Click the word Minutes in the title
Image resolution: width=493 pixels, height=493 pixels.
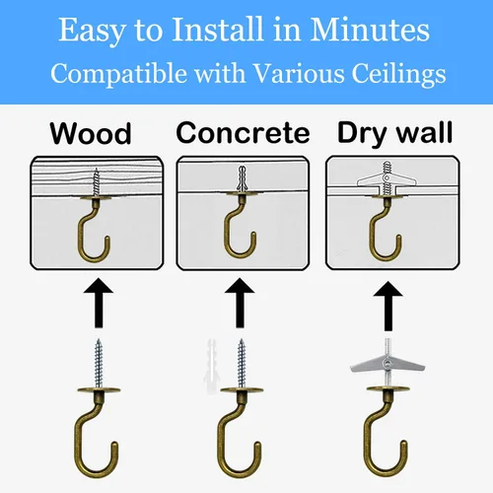(370, 30)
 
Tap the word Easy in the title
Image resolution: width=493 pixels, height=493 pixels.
(91, 32)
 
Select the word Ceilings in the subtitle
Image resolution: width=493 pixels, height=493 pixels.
(398, 74)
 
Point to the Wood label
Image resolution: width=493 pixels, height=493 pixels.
(91, 133)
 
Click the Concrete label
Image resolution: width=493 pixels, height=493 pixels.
(243, 133)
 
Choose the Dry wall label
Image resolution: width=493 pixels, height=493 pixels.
(395, 133)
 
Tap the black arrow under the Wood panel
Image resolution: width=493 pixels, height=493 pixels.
(99, 303)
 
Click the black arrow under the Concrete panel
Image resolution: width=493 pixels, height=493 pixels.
(240, 303)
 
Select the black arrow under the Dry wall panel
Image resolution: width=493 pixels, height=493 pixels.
(387, 306)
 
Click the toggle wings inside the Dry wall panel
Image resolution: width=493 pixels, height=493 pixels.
(387, 179)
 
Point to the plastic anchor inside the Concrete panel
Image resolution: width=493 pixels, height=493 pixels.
(243, 179)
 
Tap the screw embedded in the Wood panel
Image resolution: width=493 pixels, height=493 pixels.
(96, 182)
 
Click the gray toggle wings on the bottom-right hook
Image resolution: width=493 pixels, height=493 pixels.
(387, 364)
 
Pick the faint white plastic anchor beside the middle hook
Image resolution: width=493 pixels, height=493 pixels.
(210, 365)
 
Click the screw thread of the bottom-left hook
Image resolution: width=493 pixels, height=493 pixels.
(99, 363)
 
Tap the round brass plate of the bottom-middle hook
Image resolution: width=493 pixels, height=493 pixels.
(242, 390)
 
